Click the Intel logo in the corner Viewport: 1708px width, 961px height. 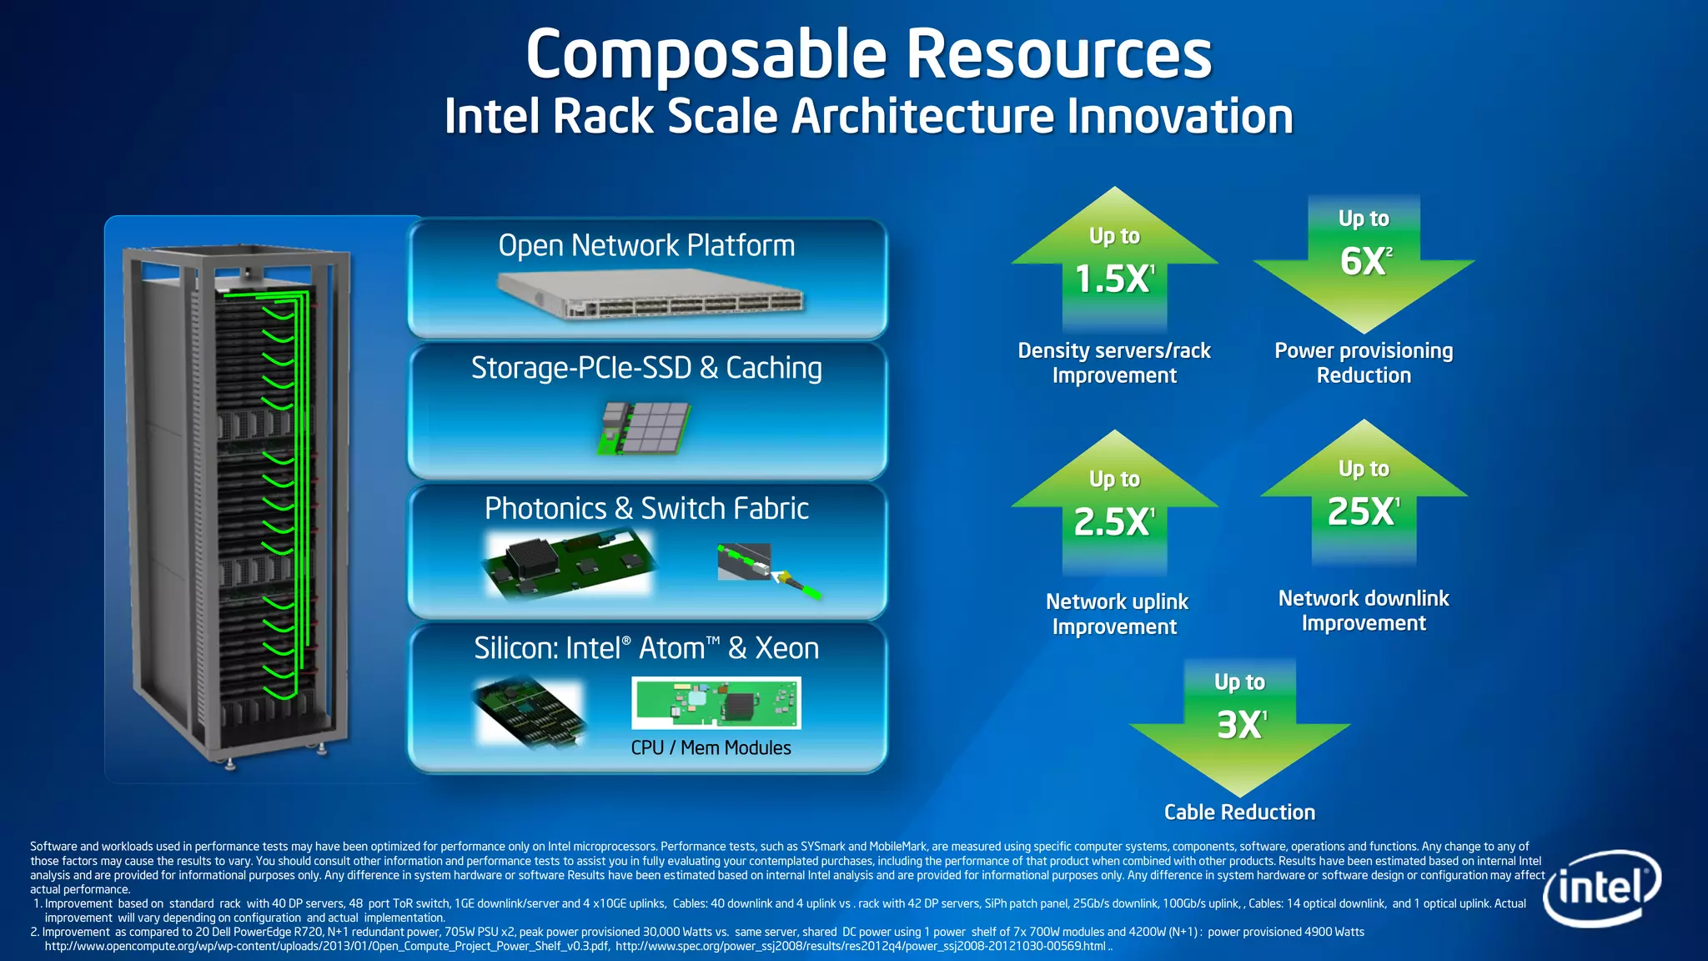pos(1601,888)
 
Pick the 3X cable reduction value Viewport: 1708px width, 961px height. pos(1240,724)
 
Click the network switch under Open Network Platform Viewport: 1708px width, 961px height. pos(651,295)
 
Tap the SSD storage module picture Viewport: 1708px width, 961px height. pos(645,427)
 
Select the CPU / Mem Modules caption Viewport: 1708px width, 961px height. pos(711,747)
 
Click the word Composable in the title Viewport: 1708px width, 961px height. pos(706,54)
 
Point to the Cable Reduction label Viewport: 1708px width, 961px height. pos(1239,812)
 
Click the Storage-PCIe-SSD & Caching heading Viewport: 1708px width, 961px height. pos(646,368)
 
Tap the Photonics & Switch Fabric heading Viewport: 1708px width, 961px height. pos(646,508)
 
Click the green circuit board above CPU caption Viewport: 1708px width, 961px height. pos(716,702)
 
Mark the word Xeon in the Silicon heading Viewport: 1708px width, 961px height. pos(786,648)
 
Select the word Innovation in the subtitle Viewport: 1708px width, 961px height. pos(1180,116)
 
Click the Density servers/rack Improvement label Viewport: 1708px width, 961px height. pos(1114,363)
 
